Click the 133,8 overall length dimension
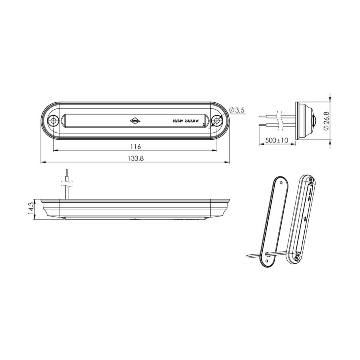(x=136, y=158)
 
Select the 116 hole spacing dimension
(x=136, y=146)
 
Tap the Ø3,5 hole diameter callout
(x=237, y=110)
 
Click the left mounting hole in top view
(x=53, y=121)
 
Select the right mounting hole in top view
(x=217, y=120)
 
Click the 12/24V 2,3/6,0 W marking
(x=185, y=120)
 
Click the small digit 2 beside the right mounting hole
(x=204, y=125)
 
